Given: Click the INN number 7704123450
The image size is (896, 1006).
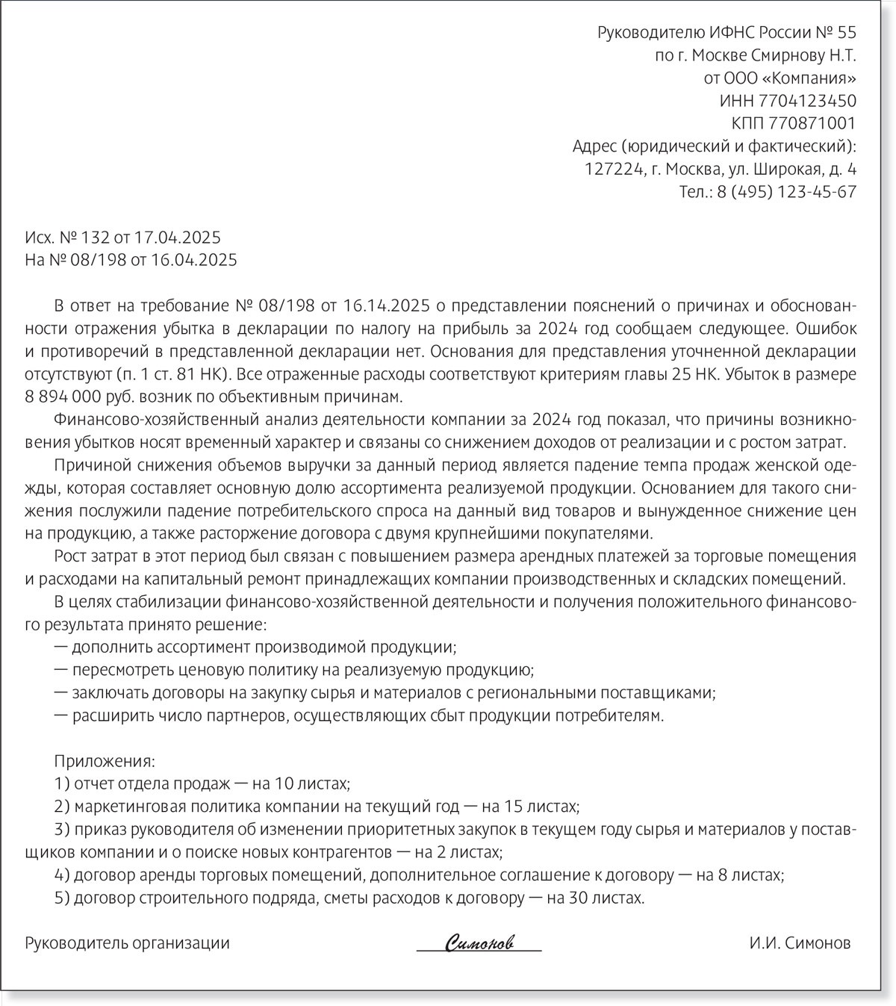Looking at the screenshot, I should coord(807,101).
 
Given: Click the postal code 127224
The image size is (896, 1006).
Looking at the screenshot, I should coord(613,170).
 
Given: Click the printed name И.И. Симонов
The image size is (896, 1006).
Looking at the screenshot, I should coord(800,943).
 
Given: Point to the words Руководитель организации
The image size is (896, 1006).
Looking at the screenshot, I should coord(128,943).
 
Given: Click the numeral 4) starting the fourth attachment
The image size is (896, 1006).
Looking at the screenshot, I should coord(62,875).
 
